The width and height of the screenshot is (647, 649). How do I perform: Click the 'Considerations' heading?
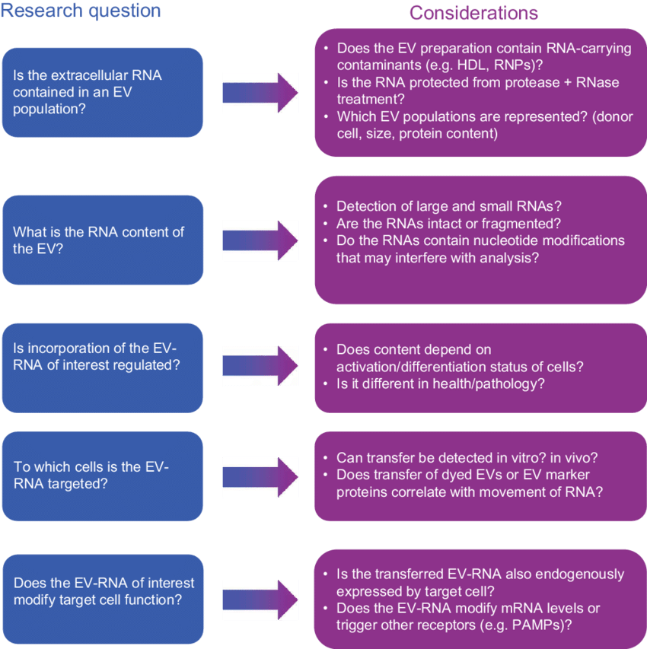click(473, 13)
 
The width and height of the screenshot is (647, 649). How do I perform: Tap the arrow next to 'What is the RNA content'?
click(260, 240)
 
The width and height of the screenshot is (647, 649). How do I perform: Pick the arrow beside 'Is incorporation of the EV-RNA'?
click(260, 366)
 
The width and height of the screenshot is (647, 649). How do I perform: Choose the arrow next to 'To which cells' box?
click(260, 476)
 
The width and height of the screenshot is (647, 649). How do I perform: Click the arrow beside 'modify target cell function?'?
click(260, 592)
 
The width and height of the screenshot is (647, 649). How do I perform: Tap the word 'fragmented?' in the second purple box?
click(523, 224)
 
